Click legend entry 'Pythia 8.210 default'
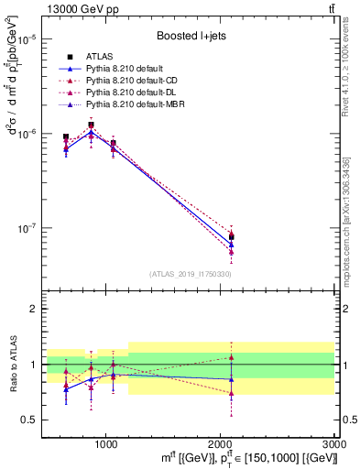point(147,69)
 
